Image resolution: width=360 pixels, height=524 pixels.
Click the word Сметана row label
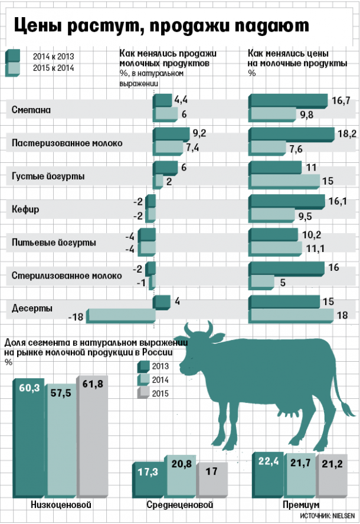coord(31,110)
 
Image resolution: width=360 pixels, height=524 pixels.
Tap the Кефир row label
coord(25,209)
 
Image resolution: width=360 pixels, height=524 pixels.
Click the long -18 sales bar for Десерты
coord(120,316)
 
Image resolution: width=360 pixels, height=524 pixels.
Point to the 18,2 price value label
coord(346,135)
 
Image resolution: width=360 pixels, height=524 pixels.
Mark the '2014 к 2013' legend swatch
coord(13,56)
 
